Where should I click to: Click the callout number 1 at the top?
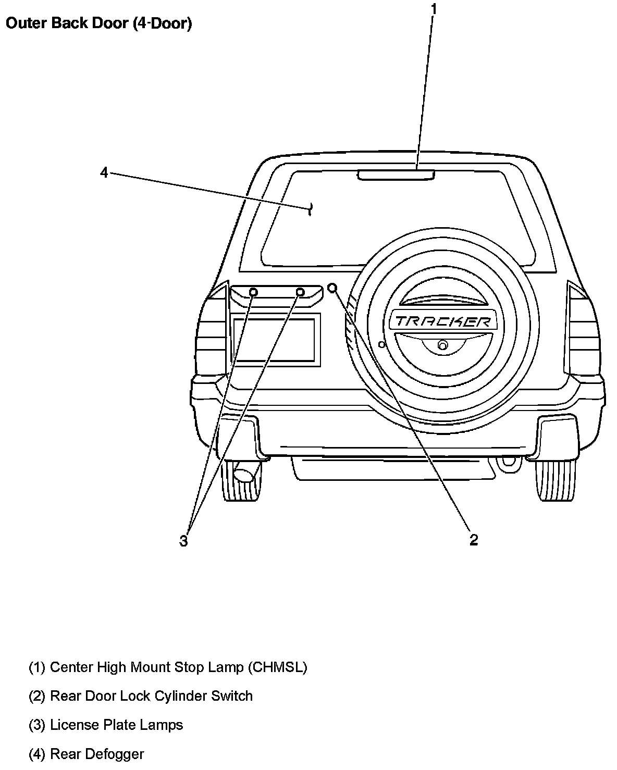[434, 9]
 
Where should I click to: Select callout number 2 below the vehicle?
[473, 540]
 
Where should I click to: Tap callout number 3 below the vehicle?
[183, 541]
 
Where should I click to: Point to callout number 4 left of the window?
[104, 172]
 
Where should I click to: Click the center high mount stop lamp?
[396, 175]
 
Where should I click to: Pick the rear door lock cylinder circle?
[332, 288]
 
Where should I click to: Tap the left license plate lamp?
[253, 292]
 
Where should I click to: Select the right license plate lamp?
[300, 292]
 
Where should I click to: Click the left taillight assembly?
[213, 328]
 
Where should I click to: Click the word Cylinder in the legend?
[180, 696]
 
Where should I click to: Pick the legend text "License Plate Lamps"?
[116, 725]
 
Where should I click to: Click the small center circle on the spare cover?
[442, 344]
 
